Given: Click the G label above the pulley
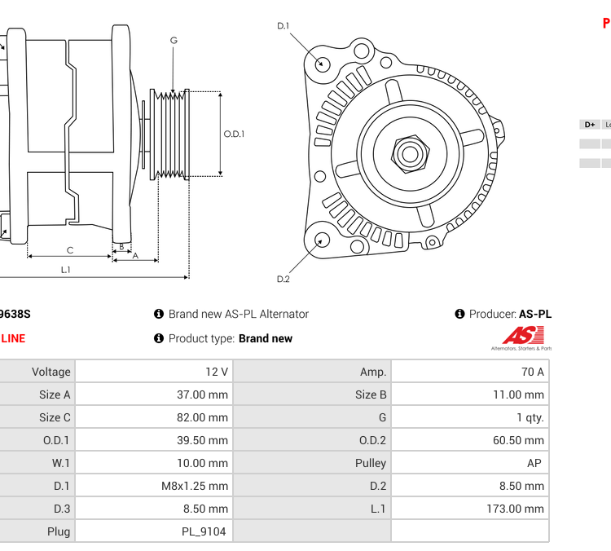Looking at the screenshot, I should point(174,41).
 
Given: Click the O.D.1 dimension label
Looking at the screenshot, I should point(234,134).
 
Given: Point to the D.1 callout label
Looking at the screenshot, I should point(283,26).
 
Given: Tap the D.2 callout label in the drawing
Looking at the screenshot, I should point(283,280).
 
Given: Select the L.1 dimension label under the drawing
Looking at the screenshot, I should point(65,270).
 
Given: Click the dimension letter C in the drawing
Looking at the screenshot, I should point(70,250).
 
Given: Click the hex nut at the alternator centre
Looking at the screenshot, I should point(409,152).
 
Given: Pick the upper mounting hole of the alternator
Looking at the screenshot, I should point(323,63).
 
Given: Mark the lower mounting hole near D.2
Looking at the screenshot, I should point(323,240).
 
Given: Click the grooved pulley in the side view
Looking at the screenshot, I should point(172,134).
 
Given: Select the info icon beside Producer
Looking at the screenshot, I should point(459,314).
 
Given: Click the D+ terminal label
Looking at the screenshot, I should point(589,125).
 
